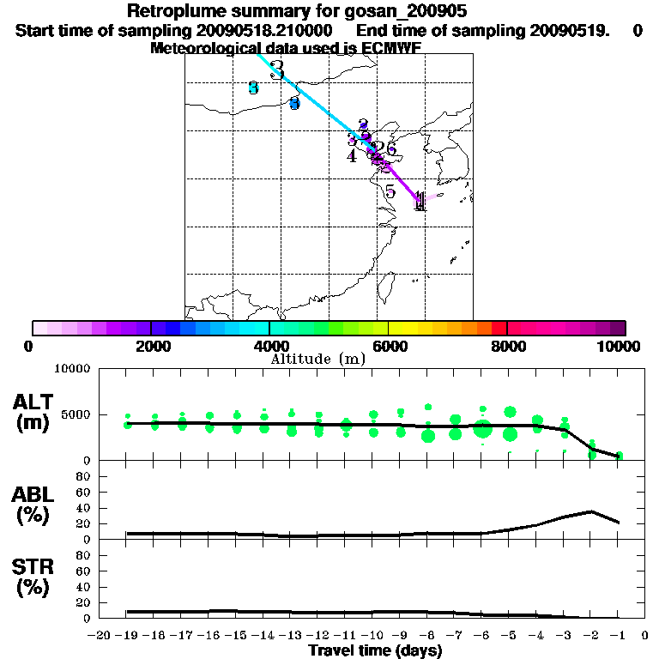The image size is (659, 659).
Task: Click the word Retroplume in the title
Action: pos(171,11)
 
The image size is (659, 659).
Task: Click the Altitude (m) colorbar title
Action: pos(317,358)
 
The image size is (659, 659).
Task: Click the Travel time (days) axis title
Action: pos(375,650)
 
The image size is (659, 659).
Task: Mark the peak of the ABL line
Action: pos(591,511)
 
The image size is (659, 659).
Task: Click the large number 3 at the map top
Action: pos(276,70)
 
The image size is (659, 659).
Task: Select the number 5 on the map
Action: pos(390,191)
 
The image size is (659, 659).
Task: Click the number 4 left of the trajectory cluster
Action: pos(352,156)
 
